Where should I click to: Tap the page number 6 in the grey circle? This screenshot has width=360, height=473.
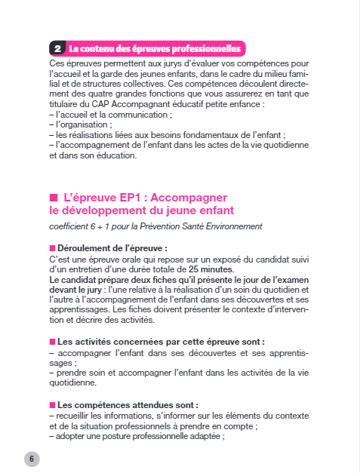coord(32,458)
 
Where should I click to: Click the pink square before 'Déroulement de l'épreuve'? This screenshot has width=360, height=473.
coord(52,248)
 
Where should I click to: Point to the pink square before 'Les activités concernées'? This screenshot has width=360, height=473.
coord(52,342)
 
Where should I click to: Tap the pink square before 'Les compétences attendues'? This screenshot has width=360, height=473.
coord(52,404)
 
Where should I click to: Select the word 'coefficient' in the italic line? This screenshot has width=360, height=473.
coord(69,226)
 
